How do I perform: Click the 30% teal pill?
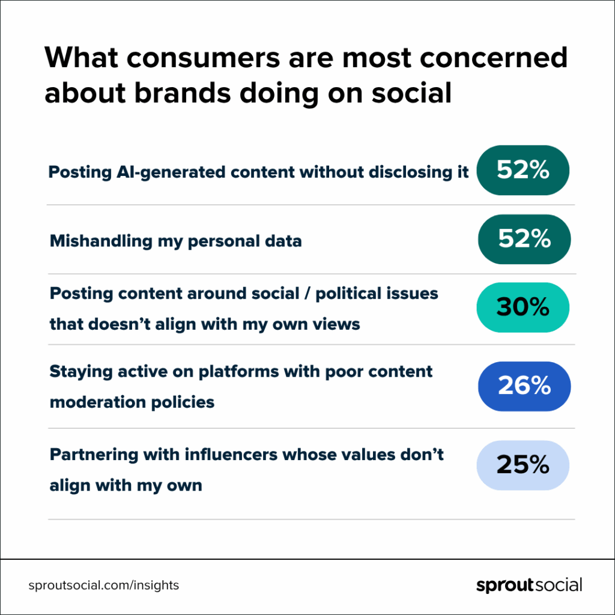(523, 307)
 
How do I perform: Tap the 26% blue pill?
(524, 386)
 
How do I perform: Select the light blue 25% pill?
(523, 465)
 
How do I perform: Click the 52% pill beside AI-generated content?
(523, 171)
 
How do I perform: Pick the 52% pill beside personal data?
(524, 240)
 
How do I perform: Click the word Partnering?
(90, 455)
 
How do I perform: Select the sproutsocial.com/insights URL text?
(103, 585)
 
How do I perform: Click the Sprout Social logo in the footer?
(529, 585)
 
